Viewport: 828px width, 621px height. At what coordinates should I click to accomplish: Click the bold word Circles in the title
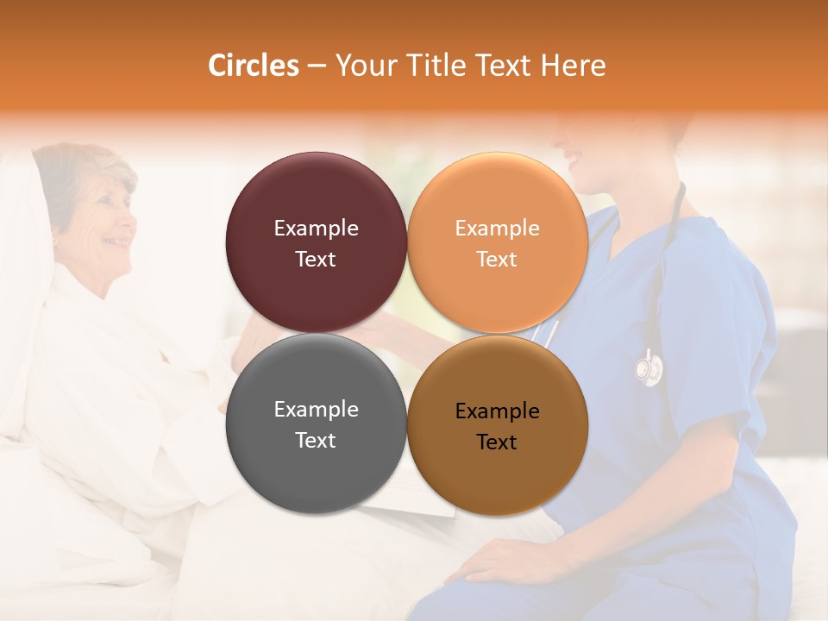(253, 66)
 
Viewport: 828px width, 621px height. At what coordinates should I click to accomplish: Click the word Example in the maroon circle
(316, 229)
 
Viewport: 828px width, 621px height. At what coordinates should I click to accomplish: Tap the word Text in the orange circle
(497, 260)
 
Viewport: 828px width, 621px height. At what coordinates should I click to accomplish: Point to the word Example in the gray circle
(316, 410)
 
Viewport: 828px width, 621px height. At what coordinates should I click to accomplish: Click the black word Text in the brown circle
(497, 442)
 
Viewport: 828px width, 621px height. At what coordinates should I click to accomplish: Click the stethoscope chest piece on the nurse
(649, 368)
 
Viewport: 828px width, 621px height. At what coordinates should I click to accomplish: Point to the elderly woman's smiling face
(108, 220)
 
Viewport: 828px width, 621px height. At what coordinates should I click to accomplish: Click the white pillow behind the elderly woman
(22, 259)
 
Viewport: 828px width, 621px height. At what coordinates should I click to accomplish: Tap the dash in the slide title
(317, 66)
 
